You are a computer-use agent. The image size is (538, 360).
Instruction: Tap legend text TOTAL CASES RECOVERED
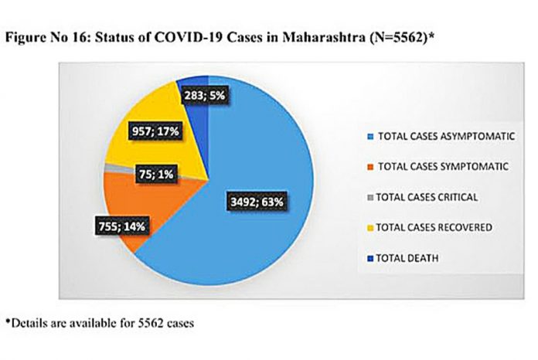tap(434, 227)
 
